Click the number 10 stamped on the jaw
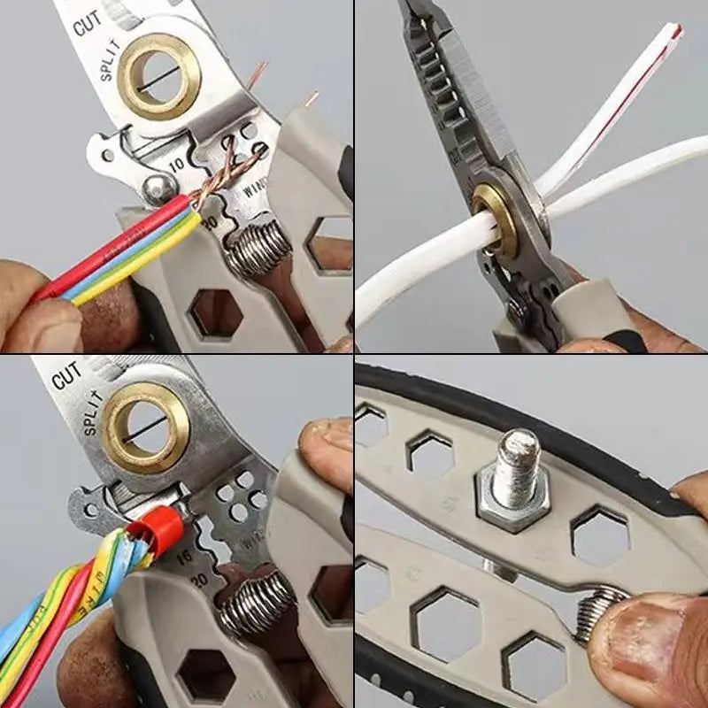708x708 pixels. coord(178,165)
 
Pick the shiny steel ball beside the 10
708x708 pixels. coord(159,188)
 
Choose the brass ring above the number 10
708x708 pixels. coord(159,76)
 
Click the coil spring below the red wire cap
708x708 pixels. coord(257,602)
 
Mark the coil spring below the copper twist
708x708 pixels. coord(258,248)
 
